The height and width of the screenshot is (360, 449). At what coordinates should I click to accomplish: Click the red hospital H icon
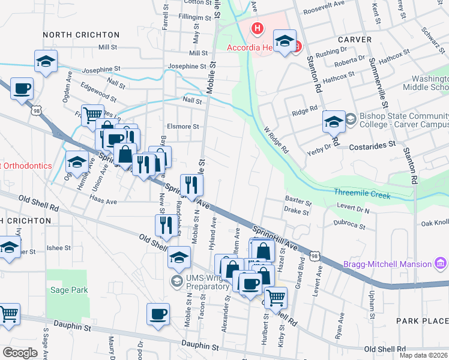(x=258, y=28)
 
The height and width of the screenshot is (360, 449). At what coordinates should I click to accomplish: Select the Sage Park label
(x=69, y=290)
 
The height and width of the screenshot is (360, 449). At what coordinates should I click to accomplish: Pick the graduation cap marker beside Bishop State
(x=334, y=122)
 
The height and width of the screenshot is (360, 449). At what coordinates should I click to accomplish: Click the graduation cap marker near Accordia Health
(x=286, y=42)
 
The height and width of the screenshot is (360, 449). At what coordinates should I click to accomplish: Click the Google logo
(x=20, y=353)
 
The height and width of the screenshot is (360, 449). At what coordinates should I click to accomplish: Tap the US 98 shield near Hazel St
(x=315, y=256)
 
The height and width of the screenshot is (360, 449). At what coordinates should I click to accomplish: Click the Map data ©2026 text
(x=423, y=355)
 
